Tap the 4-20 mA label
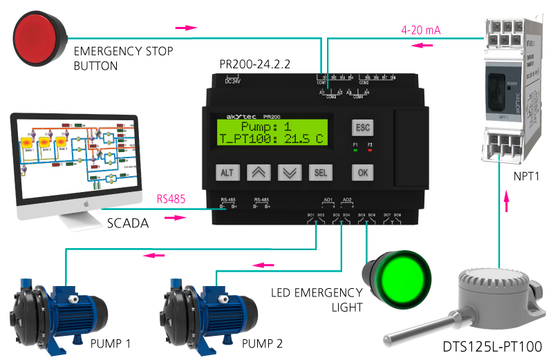click(421, 30)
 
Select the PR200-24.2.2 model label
click(255, 64)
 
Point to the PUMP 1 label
click(110, 343)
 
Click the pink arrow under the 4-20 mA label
click(422, 45)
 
